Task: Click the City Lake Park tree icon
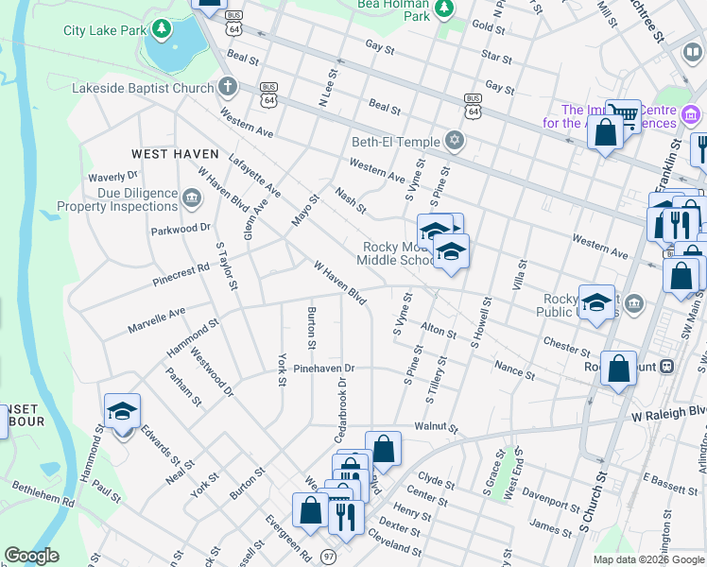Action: (x=163, y=30)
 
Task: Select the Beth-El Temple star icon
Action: (x=455, y=142)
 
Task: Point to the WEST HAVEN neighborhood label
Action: (x=175, y=154)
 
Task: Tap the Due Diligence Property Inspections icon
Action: (x=192, y=198)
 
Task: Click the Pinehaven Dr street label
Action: (x=323, y=369)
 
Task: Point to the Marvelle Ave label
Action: (x=157, y=320)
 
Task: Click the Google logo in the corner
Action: (x=31, y=555)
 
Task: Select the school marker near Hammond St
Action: (x=122, y=412)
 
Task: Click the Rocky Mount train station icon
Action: (x=666, y=367)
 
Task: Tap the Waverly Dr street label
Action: (x=113, y=177)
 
